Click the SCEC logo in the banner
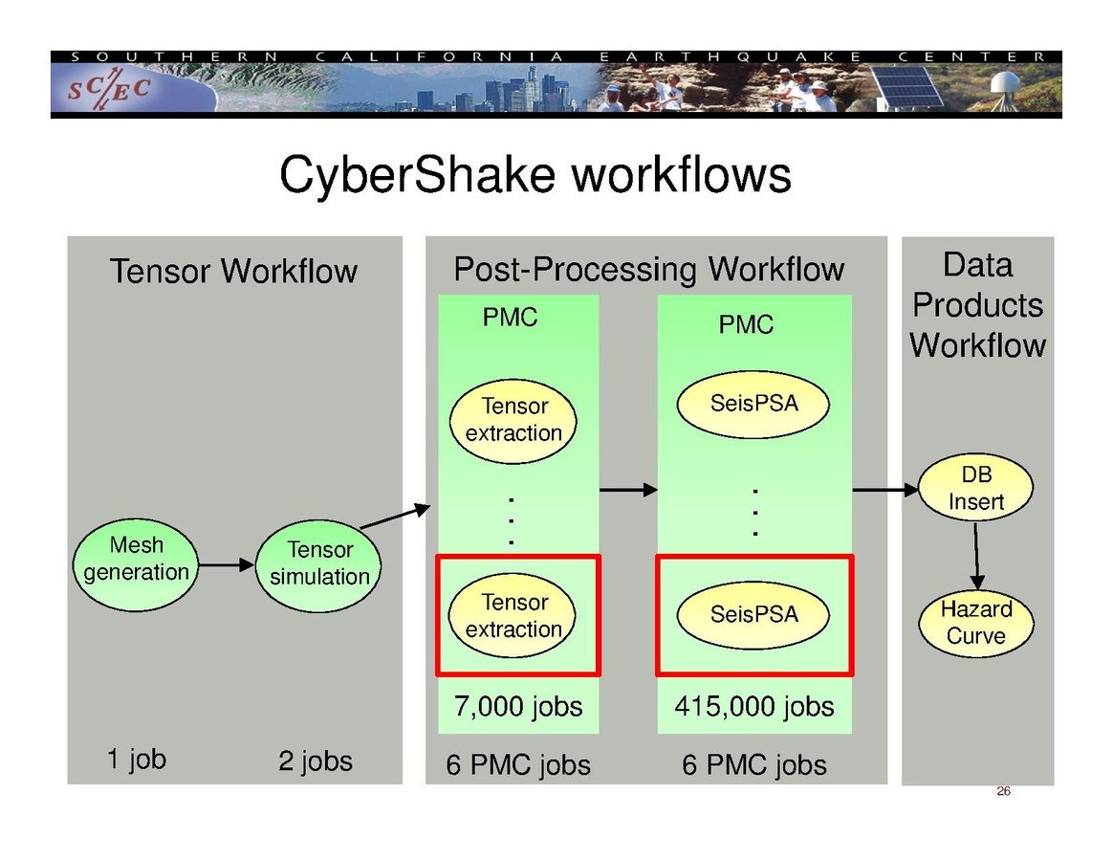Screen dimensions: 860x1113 click(108, 89)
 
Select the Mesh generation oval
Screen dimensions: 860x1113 click(136, 560)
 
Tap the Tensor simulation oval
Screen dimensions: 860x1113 click(319, 563)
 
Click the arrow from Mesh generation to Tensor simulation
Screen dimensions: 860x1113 click(224, 565)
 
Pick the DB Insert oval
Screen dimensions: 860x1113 click(976, 488)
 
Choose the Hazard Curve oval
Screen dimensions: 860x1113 click(976, 623)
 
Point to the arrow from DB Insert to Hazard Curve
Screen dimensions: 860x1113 click(976, 556)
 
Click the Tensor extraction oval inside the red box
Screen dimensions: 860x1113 click(513, 616)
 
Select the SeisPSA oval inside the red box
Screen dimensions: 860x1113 click(753, 614)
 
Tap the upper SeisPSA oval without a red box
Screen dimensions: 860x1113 click(753, 404)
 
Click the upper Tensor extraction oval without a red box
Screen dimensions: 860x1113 click(513, 420)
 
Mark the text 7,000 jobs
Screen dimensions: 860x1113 click(517, 707)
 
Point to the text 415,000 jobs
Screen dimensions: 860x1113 click(754, 707)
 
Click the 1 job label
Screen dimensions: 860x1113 click(136, 760)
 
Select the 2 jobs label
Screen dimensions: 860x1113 click(316, 761)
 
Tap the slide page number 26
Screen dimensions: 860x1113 click(1003, 791)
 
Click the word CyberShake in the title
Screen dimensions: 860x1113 click(416, 176)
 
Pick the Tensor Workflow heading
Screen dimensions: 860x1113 click(233, 272)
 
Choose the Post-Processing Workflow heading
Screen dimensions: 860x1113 click(648, 270)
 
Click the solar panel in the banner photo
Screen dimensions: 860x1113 click(908, 87)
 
